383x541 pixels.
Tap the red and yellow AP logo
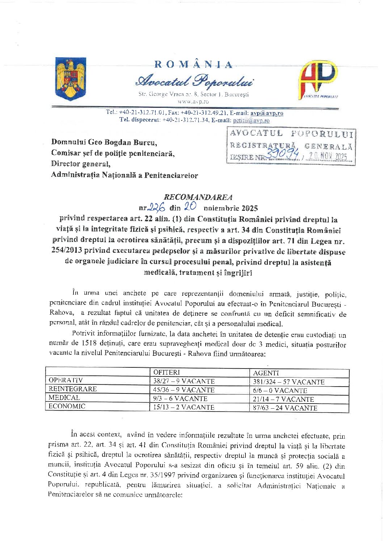click(317, 80)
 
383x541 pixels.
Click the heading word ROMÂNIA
click(193, 65)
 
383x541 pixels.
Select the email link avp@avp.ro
click(267, 113)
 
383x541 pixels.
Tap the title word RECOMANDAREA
click(198, 197)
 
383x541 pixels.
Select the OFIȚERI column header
click(167, 372)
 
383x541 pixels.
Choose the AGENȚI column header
click(266, 373)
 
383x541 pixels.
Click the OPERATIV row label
click(66, 380)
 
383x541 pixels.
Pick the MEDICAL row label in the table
click(64, 398)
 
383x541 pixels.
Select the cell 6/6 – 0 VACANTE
click(280, 391)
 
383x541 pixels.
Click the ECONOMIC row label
click(67, 406)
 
